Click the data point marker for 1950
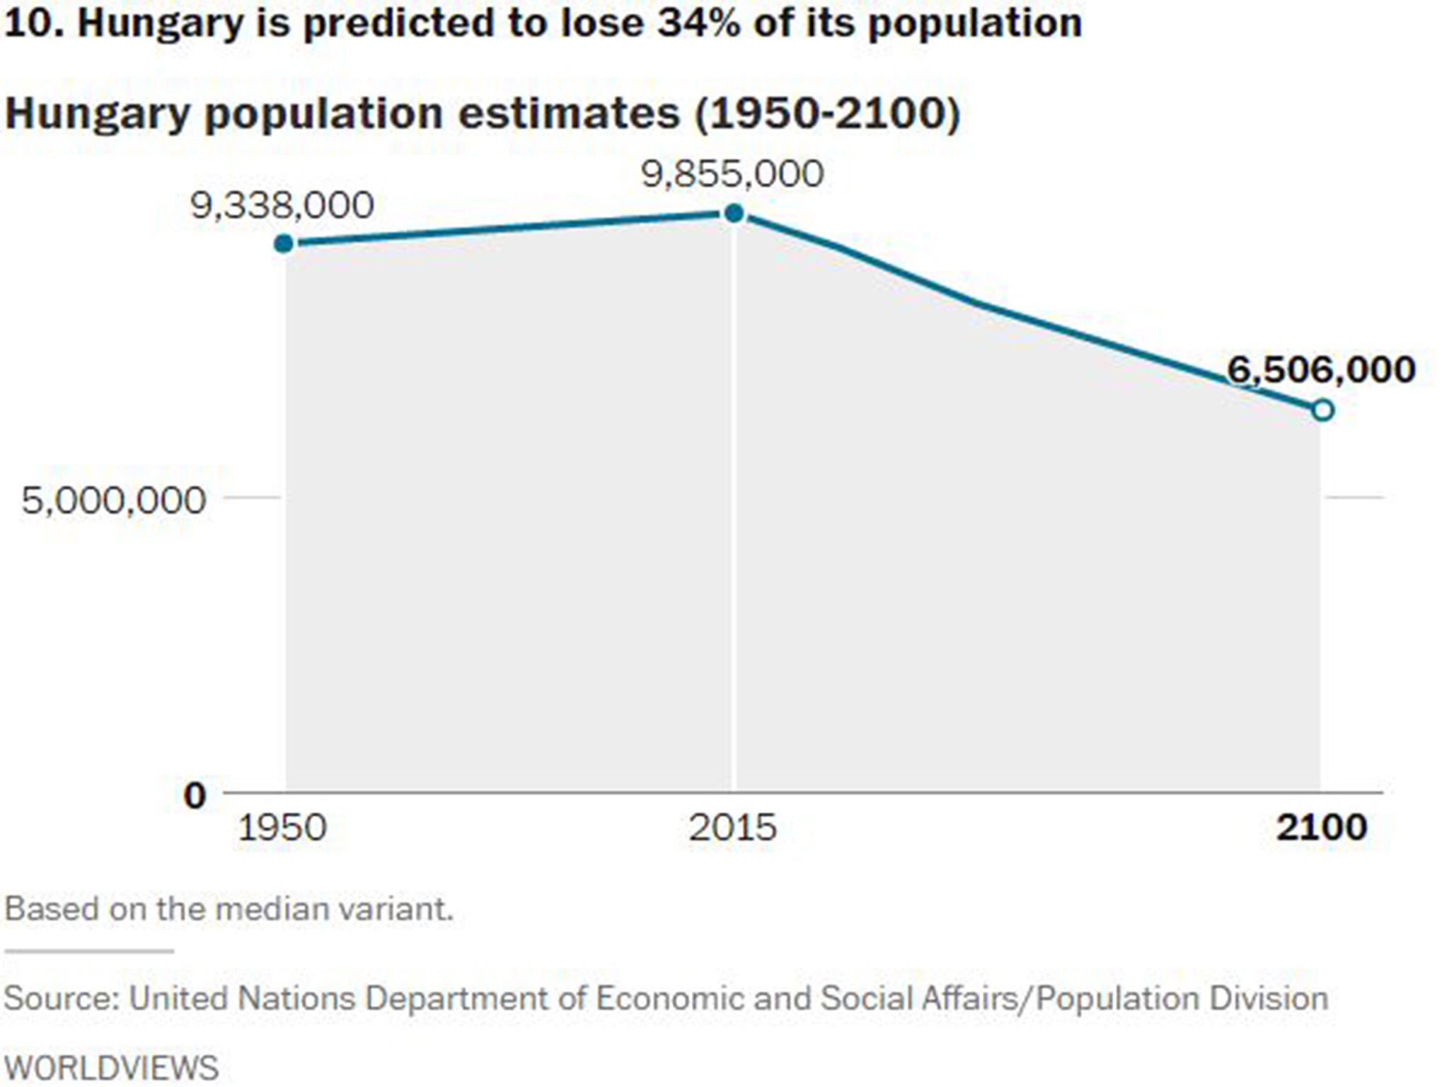tap(284, 244)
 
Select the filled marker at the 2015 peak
tap(734, 213)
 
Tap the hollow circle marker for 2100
tap(1323, 410)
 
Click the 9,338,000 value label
tap(282, 206)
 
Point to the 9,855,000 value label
tap(733, 174)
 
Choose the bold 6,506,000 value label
tap(1321, 369)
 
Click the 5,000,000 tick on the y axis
tap(113, 500)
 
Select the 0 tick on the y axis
tap(195, 795)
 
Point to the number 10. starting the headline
tap(35, 23)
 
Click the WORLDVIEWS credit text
tap(112, 1067)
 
